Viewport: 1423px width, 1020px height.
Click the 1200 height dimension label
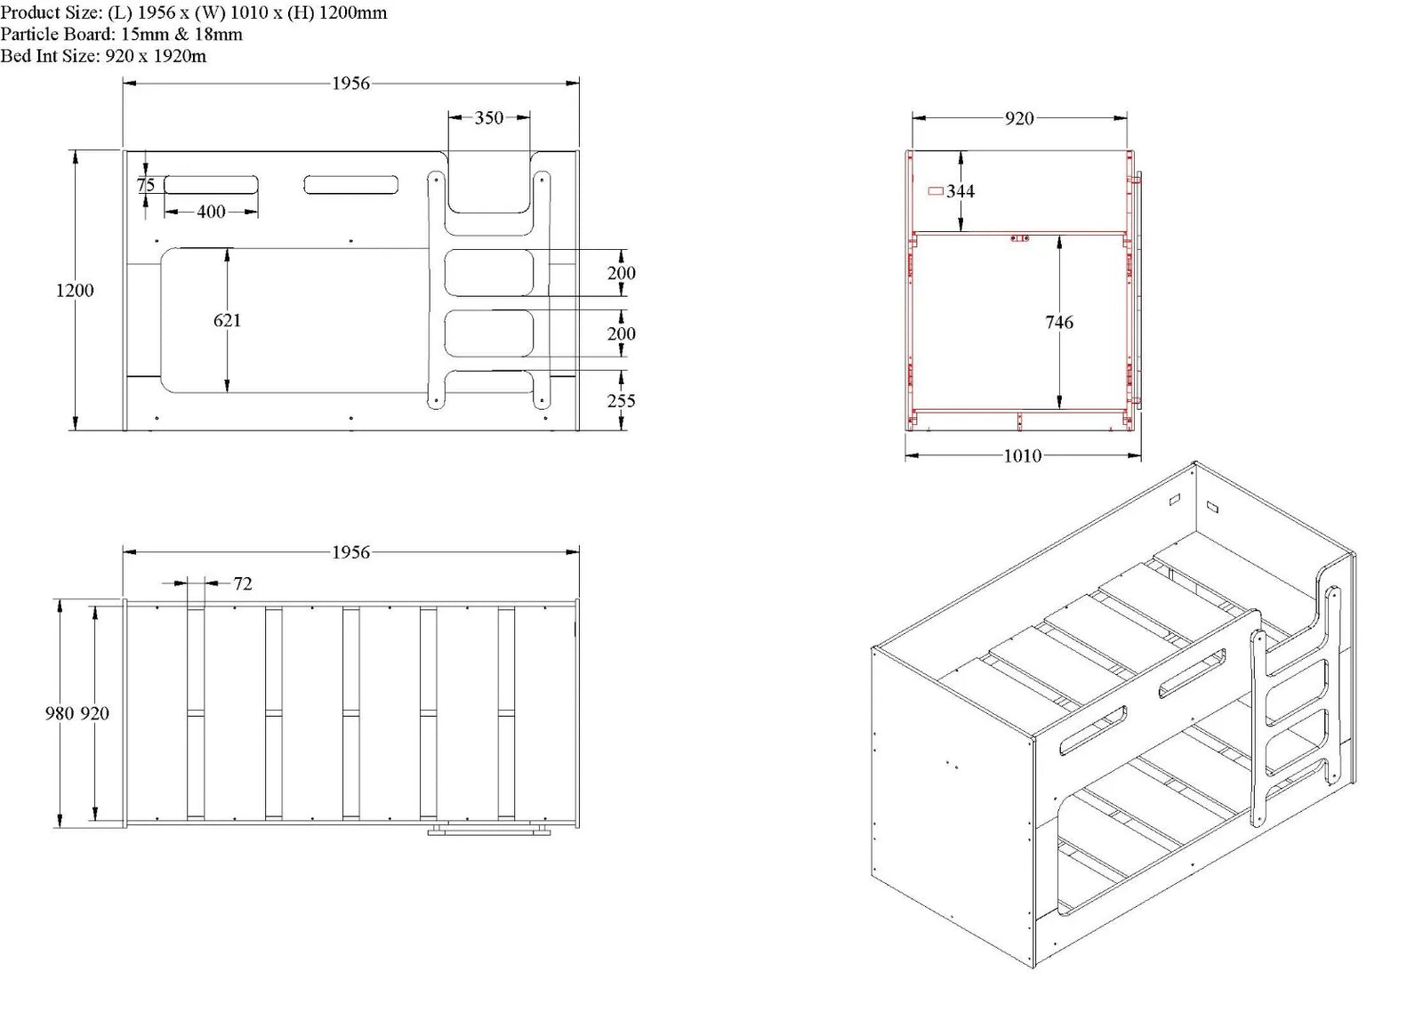point(75,290)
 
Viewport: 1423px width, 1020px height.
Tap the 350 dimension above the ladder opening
point(488,117)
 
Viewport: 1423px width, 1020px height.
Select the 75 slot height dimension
point(146,185)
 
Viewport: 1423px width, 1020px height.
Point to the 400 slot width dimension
point(211,212)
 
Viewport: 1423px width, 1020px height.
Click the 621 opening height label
point(227,320)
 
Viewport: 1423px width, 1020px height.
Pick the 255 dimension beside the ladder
point(621,401)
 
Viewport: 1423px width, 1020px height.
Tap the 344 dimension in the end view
point(960,191)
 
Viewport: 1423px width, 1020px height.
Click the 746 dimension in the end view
point(1059,323)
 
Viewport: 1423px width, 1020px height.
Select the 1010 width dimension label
point(1022,456)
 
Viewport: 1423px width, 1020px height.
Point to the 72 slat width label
point(243,583)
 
